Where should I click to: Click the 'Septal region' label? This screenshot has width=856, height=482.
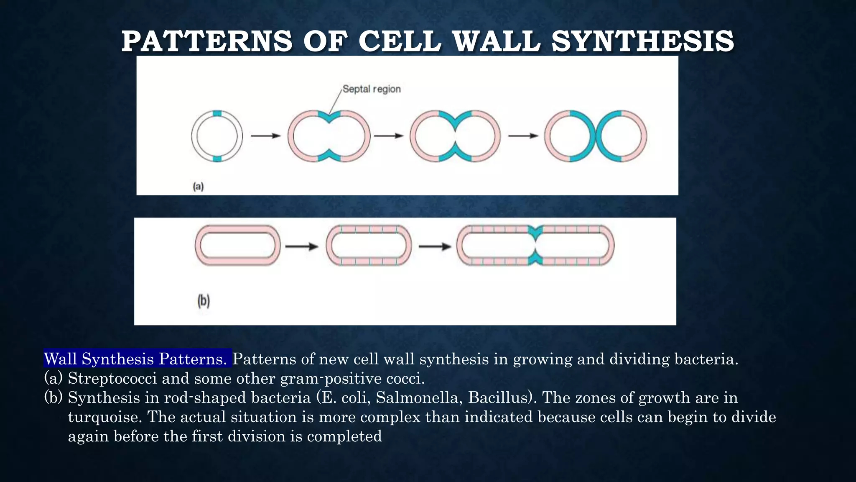pyautogui.click(x=372, y=89)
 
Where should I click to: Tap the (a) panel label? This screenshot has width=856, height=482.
pyautogui.click(x=198, y=186)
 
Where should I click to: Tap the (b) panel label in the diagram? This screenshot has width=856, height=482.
pyautogui.click(x=204, y=300)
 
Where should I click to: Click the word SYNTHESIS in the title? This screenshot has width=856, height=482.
pyautogui.click(x=642, y=41)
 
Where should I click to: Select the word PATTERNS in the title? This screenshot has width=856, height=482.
pyautogui.click(x=207, y=41)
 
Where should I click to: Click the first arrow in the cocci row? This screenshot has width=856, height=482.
pyautogui.click(x=265, y=136)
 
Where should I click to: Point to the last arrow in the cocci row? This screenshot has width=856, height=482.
pyautogui.click(x=523, y=136)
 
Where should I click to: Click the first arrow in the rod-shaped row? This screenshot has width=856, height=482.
pyautogui.click(x=301, y=246)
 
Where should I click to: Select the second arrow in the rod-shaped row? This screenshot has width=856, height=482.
pyautogui.click(x=435, y=246)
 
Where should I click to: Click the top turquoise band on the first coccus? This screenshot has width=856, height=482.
pyautogui.click(x=217, y=113)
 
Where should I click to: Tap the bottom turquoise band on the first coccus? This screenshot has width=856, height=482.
pyautogui.click(x=217, y=158)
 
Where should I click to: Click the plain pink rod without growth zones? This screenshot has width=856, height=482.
pyautogui.click(x=237, y=245)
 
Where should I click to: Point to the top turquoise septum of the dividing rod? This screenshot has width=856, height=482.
pyautogui.click(x=535, y=230)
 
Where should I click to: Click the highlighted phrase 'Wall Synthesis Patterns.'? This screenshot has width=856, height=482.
pyautogui.click(x=138, y=359)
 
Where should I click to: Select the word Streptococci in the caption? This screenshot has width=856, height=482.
pyautogui.click(x=112, y=378)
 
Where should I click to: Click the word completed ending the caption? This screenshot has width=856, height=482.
pyautogui.click(x=344, y=436)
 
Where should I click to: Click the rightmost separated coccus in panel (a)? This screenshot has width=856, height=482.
pyautogui.click(x=621, y=136)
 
